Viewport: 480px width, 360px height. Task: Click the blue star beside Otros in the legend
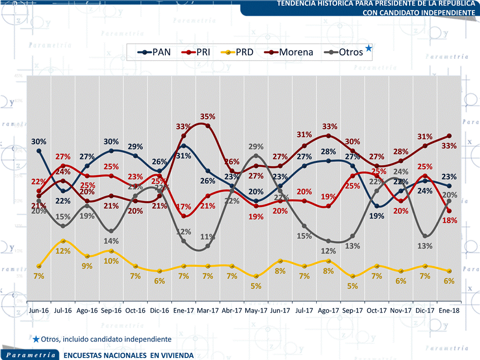click(369, 48)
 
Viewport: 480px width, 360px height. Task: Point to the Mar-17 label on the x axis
click(208, 310)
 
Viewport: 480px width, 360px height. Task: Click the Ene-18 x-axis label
click(449, 310)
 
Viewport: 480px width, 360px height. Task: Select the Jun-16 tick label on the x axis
click(39, 310)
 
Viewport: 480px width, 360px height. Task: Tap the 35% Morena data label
click(208, 116)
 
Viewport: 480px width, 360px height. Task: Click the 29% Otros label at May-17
click(256, 146)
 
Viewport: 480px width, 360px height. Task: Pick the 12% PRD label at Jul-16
click(62, 251)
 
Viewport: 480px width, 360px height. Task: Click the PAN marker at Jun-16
click(39, 151)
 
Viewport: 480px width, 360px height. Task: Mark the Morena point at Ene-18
click(449, 136)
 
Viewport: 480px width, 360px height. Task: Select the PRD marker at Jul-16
click(63, 241)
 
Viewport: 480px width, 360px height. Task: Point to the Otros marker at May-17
click(256, 156)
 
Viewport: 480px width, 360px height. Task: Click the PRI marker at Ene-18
click(449, 211)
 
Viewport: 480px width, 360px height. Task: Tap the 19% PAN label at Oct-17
click(377, 216)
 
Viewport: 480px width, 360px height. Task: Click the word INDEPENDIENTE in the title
click(446, 11)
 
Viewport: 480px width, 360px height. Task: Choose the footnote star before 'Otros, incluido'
click(36, 339)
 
